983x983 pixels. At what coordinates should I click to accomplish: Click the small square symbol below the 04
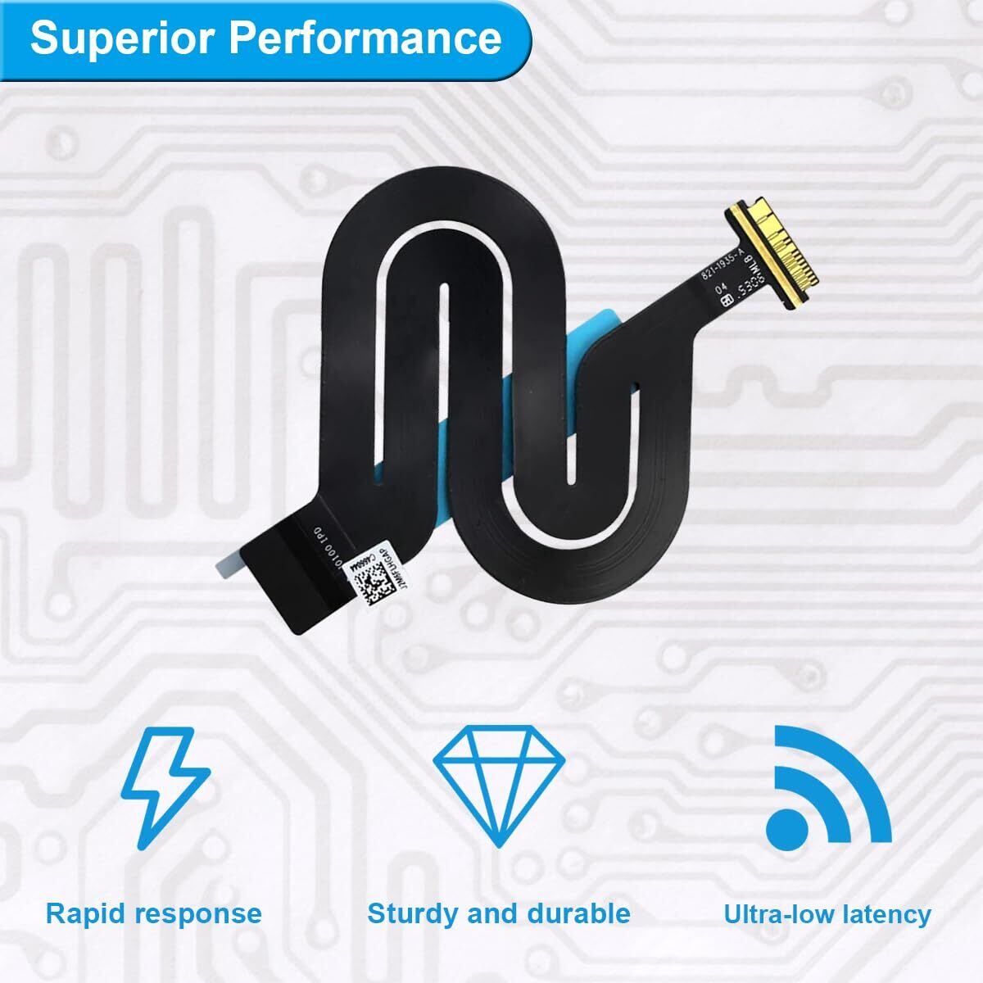click(x=726, y=301)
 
